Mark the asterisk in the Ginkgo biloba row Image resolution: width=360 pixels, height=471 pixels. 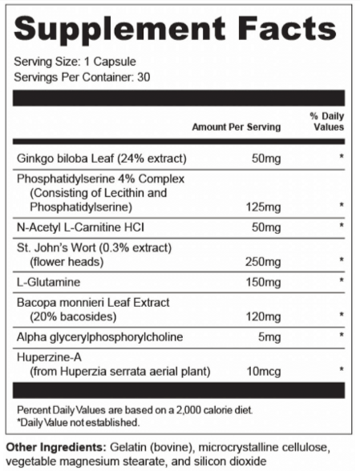[x=341, y=157]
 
